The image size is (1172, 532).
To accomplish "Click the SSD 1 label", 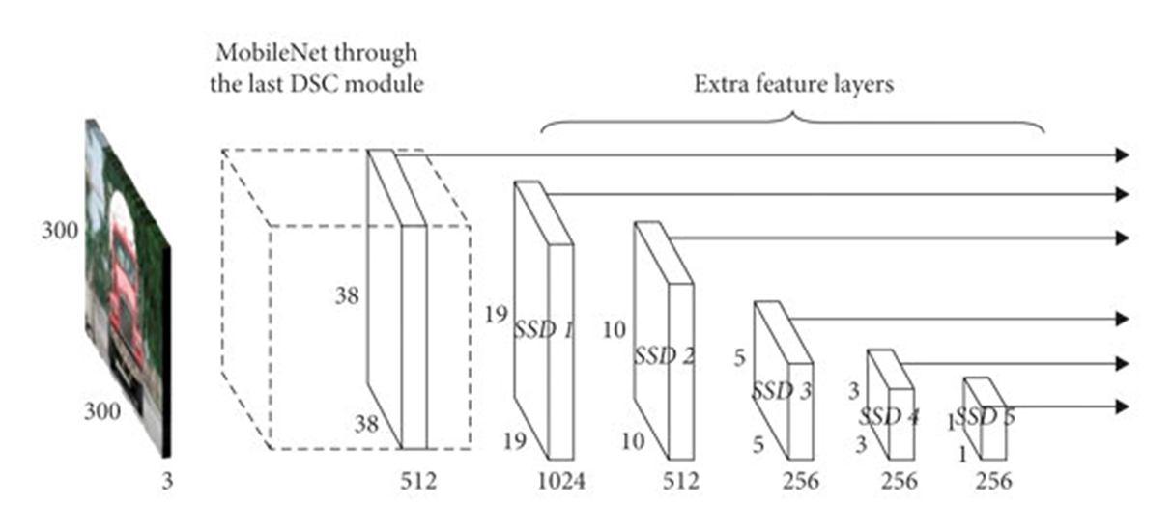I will pos(542,330).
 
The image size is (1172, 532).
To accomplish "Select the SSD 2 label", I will pos(664,355).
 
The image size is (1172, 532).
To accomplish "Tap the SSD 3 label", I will pos(782,391).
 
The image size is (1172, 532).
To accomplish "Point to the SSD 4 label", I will pos(889,417).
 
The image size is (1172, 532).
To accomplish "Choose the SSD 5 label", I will pos(985,417).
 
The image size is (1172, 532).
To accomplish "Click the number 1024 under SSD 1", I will pos(560,480).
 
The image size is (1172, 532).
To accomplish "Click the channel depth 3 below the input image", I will pos(167,480).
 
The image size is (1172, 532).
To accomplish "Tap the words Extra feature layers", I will pos(793,84).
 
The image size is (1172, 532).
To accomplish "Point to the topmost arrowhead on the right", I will pos(1122,154).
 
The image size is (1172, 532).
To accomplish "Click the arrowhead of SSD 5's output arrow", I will pos(1122,406).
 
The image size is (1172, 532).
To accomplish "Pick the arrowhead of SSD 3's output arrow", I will pos(1122,319).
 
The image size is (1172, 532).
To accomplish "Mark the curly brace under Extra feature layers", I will pos(793,121).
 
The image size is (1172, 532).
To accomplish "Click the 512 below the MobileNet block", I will pos(418,480).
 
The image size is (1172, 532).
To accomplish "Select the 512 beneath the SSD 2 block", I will pos(681,480).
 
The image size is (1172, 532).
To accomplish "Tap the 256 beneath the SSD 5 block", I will pos(994,480).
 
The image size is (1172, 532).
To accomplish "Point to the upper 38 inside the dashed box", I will pos(347,296).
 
